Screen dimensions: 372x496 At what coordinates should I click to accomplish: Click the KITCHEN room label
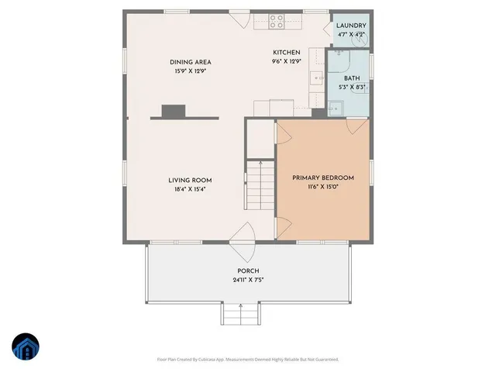286,53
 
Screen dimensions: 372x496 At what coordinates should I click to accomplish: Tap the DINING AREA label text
191,62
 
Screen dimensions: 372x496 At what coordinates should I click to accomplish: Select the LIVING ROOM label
190,181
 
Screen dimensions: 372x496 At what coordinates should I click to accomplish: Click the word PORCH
248,271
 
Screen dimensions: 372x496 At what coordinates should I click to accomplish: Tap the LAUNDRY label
352,26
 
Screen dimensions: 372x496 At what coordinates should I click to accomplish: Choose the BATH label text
352,78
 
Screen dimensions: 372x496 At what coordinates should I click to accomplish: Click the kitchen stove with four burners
277,22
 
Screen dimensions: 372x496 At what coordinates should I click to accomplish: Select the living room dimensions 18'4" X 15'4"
190,189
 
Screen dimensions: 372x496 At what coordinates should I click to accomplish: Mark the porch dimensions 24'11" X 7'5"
248,280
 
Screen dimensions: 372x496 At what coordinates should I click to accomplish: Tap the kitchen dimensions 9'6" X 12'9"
286,61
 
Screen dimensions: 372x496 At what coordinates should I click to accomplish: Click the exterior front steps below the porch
239,314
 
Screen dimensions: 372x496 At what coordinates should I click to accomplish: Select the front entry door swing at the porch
242,232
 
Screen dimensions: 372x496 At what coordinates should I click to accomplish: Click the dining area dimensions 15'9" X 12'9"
191,71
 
